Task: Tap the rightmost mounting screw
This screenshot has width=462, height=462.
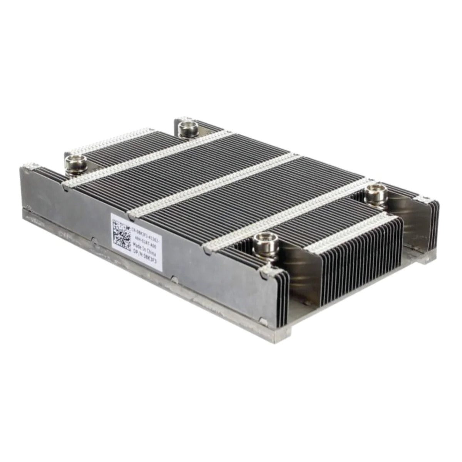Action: pyautogui.click(x=373, y=192)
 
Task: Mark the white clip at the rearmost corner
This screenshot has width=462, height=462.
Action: pyautogui.click(x=183, y=115)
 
